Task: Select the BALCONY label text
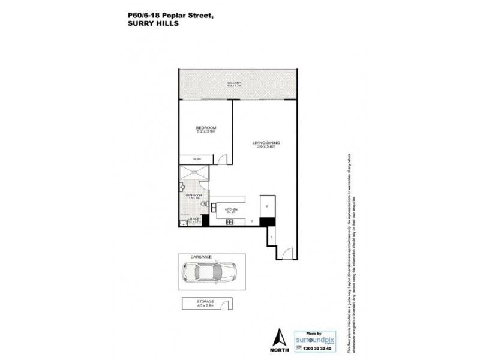click(x=234, y=82)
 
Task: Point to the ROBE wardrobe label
click(x=196, y=159)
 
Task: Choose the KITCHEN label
click(x=232, y=209)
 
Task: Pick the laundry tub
click(x=182, y=222)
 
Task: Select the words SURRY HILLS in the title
click(x=146, y=25)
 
